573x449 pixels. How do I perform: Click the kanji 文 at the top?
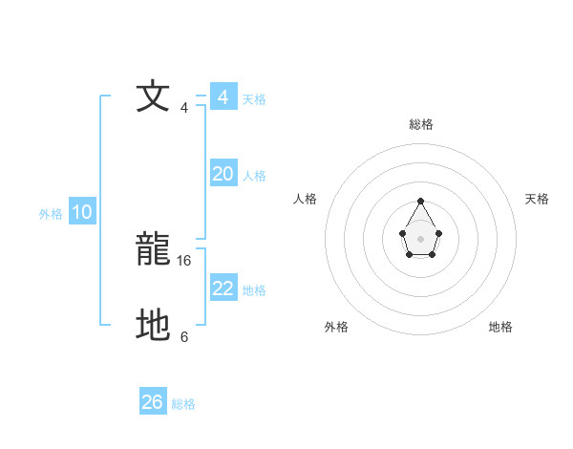[x=154, y=98]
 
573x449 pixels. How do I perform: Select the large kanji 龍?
[x=154, y=251]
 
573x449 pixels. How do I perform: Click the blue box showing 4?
[x=223, y=97]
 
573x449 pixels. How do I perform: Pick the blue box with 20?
[x=223, y=174]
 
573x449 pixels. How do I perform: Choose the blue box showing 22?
[x=223, y=289]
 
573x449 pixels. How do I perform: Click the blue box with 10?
[x=82, y=213]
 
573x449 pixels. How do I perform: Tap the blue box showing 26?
[x=153, y=402]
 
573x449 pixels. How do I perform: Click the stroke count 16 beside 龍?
[x=185, y=260]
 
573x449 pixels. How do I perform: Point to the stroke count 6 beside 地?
[x=184, y=336]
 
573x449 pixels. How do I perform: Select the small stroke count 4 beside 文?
[x=184, y=107]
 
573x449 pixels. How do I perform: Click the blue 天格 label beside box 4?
[x=254, y=99]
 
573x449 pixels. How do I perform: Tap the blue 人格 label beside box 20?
[x=254, y=176]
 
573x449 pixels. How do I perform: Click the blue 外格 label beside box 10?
[x=51, y=214]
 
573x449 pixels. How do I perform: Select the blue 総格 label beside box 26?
[x=183, y=404]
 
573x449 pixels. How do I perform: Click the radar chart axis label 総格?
[x=421, y=124]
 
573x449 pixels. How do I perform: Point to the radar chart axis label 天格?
[x=538, y=199]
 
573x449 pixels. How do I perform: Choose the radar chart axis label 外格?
[x=336, y=327]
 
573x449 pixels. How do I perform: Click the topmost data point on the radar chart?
[x=420, y=202]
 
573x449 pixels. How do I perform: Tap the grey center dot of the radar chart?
[x=420, y=238]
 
